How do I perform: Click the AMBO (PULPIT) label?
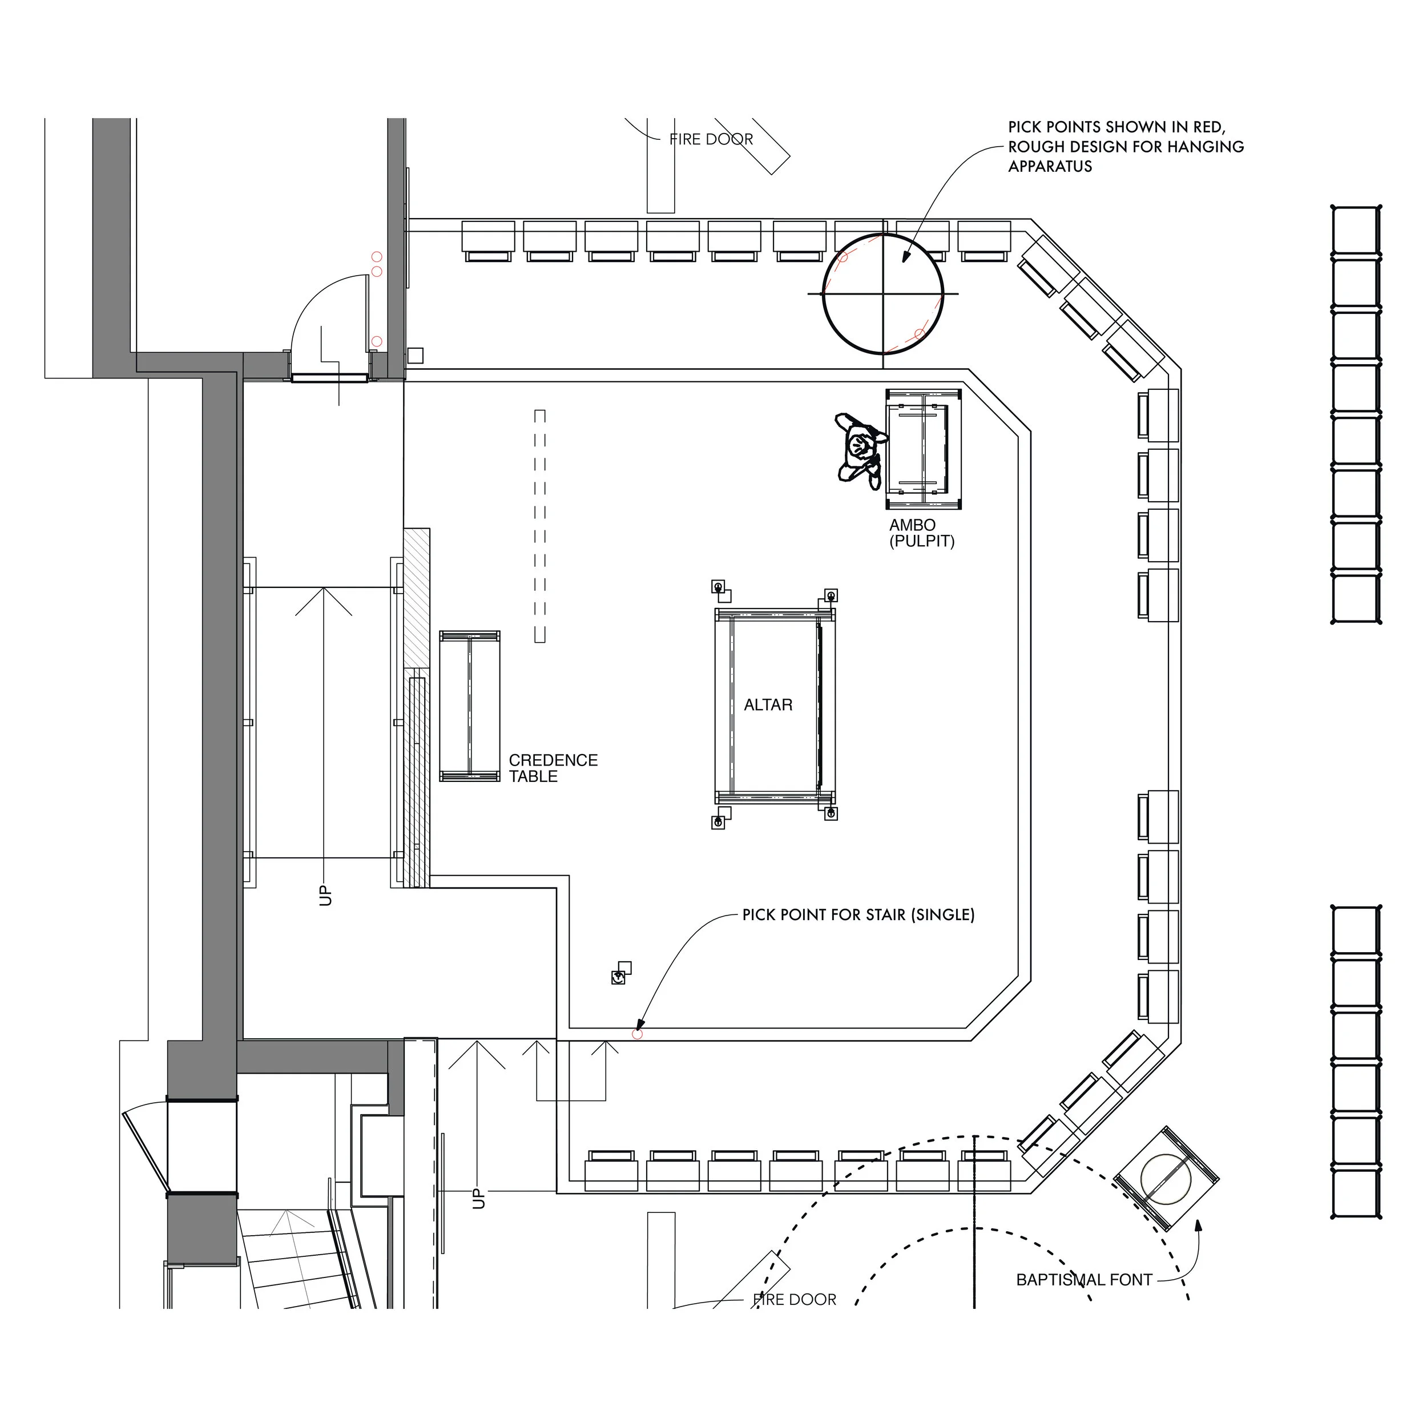click(x=921, y=533)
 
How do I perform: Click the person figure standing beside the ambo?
click(x=860, y=449)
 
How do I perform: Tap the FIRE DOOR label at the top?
click(x=711, y=140)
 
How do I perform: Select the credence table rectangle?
click(x=470, y=706)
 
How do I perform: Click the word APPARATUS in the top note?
click(x=1050, y=166)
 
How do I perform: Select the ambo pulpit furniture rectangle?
click(x=923, y=449)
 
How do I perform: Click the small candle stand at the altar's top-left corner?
click(x=718, y=587)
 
